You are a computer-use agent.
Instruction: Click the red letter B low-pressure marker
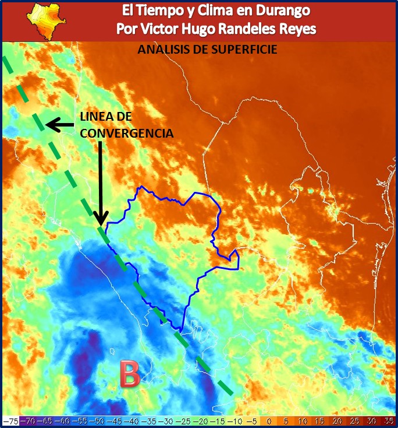pyautogui.click(x=129, y=374)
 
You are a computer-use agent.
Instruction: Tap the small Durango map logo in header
pyautogui.click(x=47, y=20)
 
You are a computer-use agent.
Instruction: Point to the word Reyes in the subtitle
pyautogui.click(x=296, y=29)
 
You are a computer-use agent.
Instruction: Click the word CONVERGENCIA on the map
pyautogui.click(x=127, y=134)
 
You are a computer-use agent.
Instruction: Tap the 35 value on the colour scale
pyautogui.click(x=389, y=420)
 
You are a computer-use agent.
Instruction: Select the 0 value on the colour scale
pyautogui.click(x=268, y=420)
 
